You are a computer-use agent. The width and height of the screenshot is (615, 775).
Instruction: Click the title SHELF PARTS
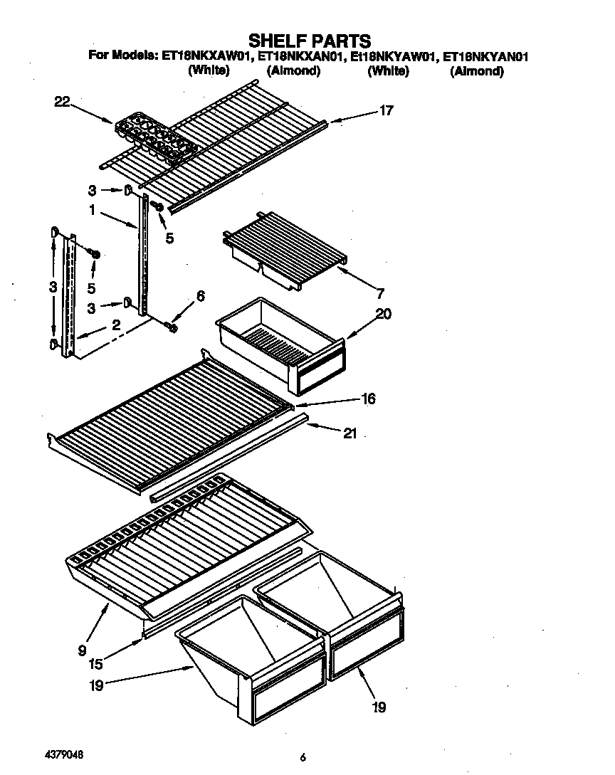[x=309, y=40]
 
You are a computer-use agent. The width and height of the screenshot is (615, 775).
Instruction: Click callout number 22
[x=62, y=102]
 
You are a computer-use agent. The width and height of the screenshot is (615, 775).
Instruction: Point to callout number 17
[x=385, y=110]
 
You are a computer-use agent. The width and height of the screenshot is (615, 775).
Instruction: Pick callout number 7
[x=379, y=292]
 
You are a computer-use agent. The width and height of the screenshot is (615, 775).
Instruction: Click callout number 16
[x=368, y=399]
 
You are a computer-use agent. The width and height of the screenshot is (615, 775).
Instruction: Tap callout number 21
[x=349, y=433]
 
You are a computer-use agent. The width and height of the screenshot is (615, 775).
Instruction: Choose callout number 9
[x=83, y=649]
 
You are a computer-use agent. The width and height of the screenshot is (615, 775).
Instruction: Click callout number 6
[x=200, y=296]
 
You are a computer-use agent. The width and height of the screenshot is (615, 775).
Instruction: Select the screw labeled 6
[x=171, y=326]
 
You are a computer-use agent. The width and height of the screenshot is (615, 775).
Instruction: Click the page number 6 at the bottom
[x=303, y=758]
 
